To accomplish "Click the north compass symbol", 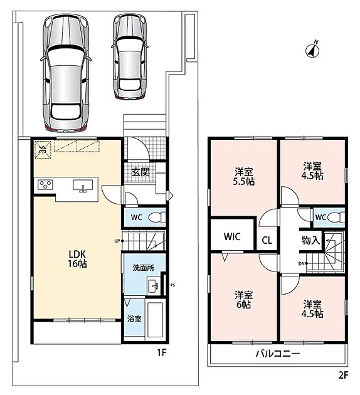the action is pos(312,50).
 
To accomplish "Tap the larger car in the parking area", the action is pos(66,73).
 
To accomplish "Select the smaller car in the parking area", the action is pos(129,56).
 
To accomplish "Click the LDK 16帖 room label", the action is pos(77,259).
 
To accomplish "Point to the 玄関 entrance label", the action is pos(140,172).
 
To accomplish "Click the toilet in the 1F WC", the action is pos(157,218).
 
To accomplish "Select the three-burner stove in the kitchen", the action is pos(45,185).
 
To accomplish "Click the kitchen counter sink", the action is pos(83,186).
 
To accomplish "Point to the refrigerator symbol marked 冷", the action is pos(43,150).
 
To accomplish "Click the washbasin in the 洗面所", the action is pos(153,286).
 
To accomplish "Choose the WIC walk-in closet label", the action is pos(232,236).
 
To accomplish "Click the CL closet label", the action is pos(267,240).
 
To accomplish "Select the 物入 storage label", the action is pos(310,240).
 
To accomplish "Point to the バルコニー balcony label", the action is pos(278,354).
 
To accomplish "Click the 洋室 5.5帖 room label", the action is pos(243,177).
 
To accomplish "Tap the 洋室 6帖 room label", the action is pos(243,300).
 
